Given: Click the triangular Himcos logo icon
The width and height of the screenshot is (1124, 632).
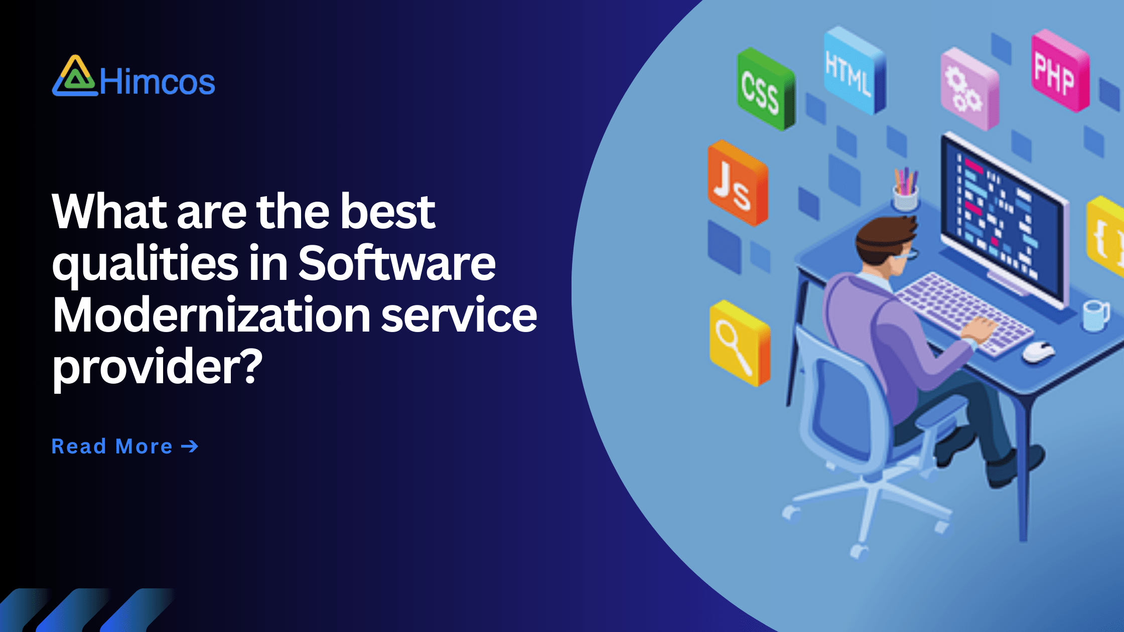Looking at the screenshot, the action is [x=75, y=76].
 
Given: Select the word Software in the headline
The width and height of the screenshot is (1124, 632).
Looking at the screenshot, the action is [x=397, y=264].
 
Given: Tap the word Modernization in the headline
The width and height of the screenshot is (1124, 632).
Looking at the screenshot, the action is [x=211, y=315].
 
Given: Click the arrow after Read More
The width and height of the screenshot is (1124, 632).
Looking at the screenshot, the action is [x=190, y=446].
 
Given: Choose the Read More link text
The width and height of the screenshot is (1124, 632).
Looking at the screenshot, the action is [x=112, y=446].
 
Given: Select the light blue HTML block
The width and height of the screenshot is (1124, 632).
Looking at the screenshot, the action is [x=855, y=70].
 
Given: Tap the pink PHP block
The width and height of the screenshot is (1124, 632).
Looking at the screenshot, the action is [x=1060, y=70].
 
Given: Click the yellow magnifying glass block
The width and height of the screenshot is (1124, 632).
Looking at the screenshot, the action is [x=740, y=343].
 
